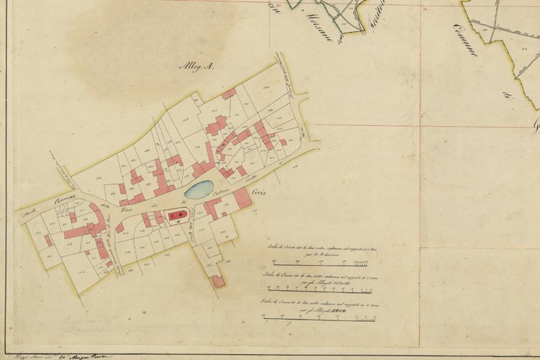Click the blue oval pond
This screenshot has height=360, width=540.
(199, 189)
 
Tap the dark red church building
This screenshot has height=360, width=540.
(176, 215)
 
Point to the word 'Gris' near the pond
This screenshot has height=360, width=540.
(261, 192)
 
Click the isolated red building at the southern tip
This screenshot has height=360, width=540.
(217, 282)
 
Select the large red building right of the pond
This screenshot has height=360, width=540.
(243, 198)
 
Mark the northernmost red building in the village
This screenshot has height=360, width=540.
(229, 94)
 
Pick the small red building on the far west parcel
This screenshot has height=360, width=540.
(48, 240)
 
